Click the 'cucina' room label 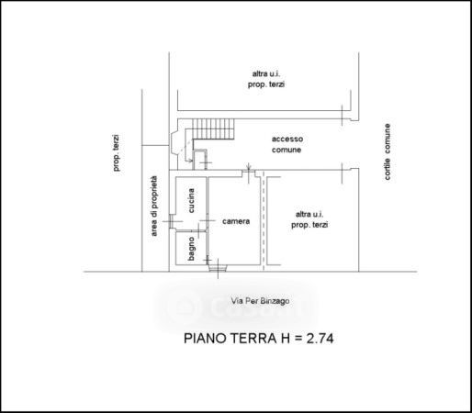tap(191, 201)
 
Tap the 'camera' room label tap(236, 221)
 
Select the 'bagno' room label tap(191, 249)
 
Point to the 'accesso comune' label tap(287, 144)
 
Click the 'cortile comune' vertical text tap(388, 151)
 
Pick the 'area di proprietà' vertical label tap(154, 206)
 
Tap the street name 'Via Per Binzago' tap(260, 301)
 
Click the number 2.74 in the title tap(320, 339)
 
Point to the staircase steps tap(213, 128)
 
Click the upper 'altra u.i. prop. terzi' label tap(266, 79)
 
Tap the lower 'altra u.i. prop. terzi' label tap(309, 219)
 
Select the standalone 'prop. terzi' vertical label tap(116, 152)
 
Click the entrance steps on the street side tap(218, 268)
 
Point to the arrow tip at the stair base tap(192, 161)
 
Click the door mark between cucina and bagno tap(199, 230)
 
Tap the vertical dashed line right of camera tap(264, 220)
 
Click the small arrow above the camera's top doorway tap(249, 167)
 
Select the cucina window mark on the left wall tap(172, 221)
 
